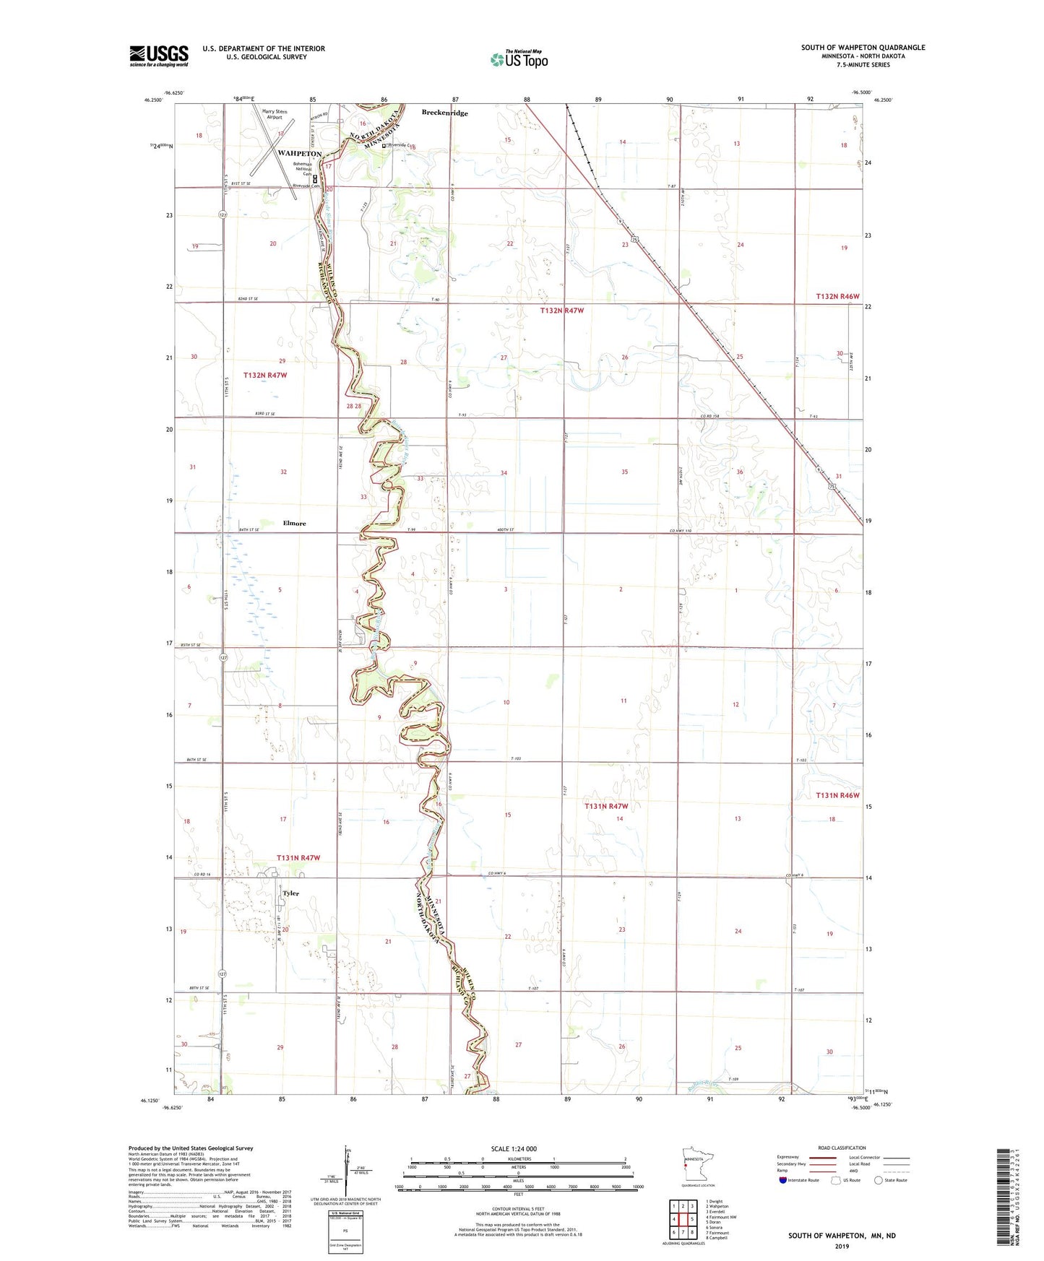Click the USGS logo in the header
(x=159, y=56)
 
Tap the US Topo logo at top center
(x=519, y=58)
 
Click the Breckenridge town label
(x=444, y=113)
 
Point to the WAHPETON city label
(x=299, y=154)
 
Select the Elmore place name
(x=294, y=523)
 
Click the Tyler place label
(x=290, y=893)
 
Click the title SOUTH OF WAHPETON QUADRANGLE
(x=863, y=48)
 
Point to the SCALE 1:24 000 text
(x=514, y=1149)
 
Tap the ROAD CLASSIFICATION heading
(x=842, y=1148)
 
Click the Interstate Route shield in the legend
(x=783, y=1180)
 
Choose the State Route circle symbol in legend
(x=879, y=1180)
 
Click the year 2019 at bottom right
(x=842, y=1246)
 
